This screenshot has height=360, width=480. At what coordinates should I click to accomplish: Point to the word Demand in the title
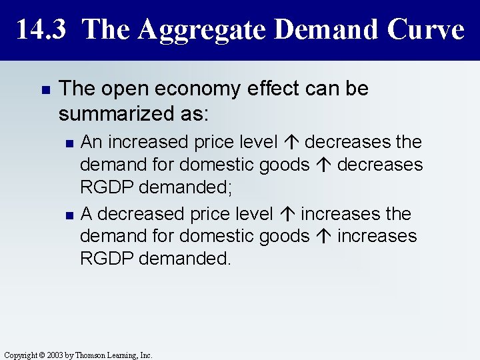tap(320, 29)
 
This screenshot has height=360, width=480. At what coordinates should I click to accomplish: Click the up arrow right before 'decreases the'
tap(294, 143)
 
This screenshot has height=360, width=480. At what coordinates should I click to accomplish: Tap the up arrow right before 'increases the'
tap(290, 215)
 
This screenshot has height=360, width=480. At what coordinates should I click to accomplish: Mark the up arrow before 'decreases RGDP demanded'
tap(327, 165)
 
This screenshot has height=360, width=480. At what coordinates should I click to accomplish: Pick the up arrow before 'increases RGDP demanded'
tap(327, 237)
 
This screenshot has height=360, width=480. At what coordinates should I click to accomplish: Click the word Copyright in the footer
tap(19, 355)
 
